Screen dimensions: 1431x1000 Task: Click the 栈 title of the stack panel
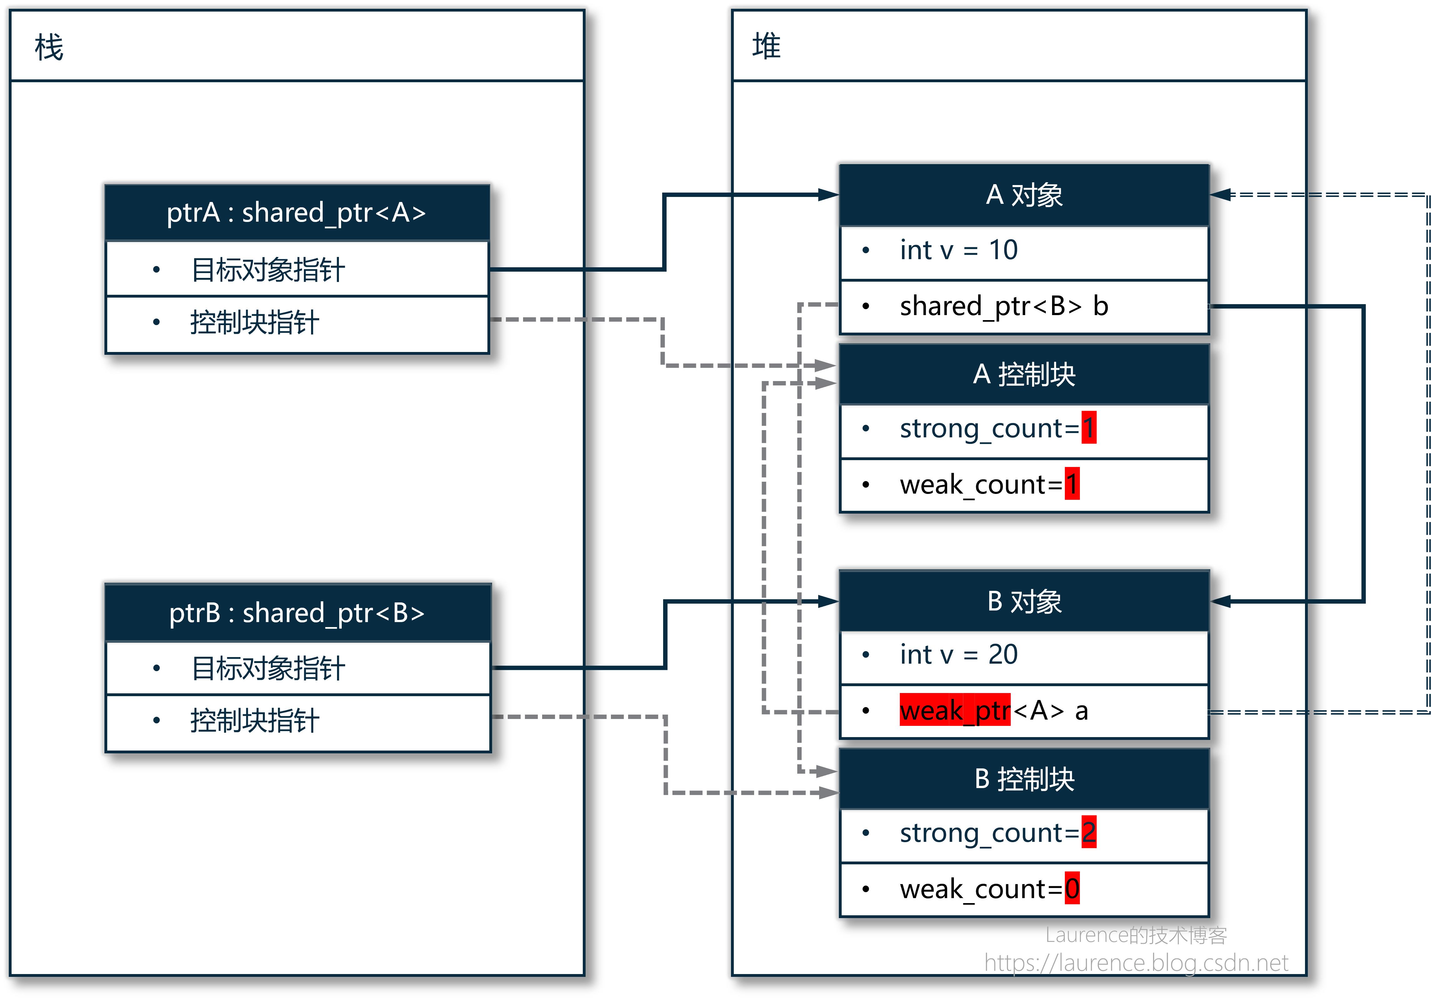49,47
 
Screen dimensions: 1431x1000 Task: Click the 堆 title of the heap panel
766,46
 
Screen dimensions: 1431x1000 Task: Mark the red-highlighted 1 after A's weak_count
1072,484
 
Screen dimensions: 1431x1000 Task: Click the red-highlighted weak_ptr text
955,710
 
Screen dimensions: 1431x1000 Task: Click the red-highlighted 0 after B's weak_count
1072,888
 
